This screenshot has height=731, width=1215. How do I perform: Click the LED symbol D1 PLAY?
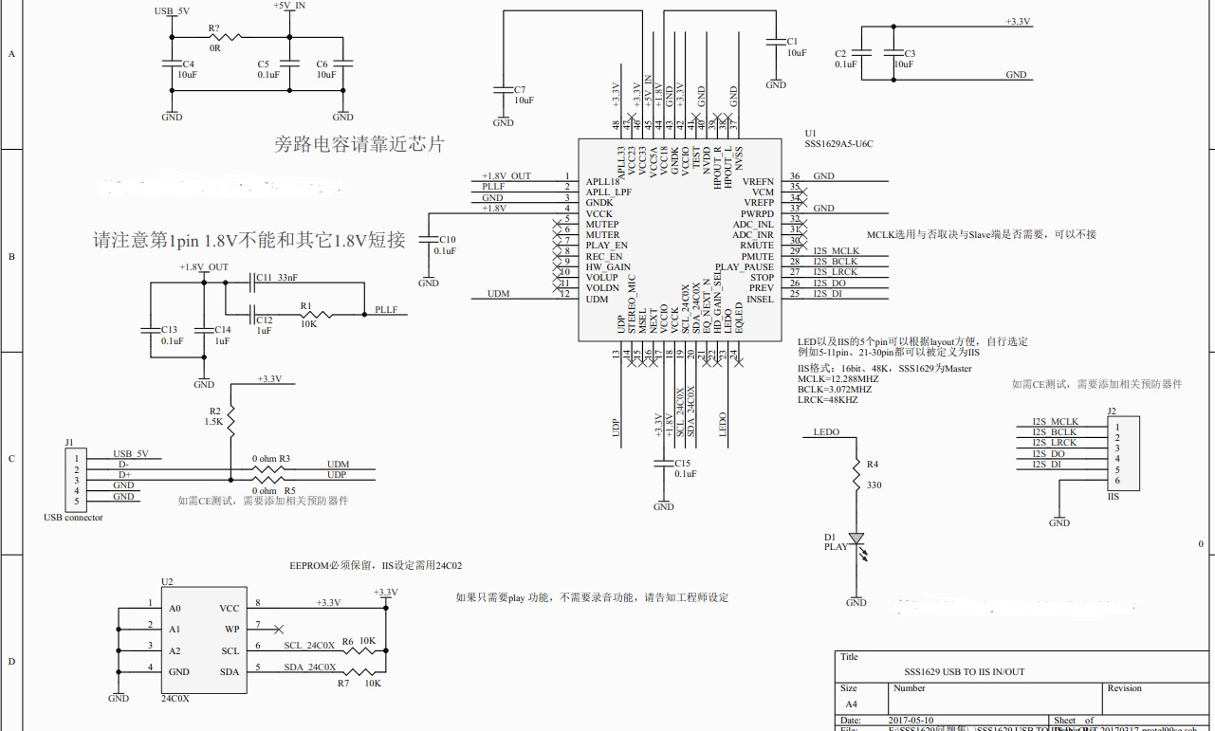point(856,539)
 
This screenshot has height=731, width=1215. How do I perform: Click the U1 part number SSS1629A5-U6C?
point(838,144)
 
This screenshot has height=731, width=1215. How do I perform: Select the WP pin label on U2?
point(231,629)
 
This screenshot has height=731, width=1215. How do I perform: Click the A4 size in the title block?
point(850,704)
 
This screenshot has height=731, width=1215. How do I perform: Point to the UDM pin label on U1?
point(598,300)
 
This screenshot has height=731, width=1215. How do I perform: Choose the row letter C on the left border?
point(11,459)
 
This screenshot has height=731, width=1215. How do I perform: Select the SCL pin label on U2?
point(230,650)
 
